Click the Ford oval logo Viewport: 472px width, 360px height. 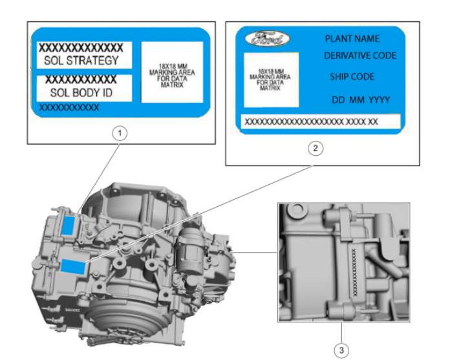[267, 39]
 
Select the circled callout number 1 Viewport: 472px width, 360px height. [119, 133]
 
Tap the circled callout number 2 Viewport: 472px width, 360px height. [315, 148]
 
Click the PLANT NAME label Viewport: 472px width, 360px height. [352, 39]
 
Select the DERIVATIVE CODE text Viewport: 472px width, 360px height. [360, 56]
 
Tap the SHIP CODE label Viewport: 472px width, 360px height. [352, 76]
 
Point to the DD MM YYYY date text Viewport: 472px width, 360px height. [361, 100]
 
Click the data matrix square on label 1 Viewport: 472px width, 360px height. [171, 72]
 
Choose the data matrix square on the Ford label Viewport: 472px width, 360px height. [270, 79]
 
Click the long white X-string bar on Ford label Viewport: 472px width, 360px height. [320, 122]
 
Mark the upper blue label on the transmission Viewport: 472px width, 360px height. [70, 225]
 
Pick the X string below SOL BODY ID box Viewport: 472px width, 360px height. [69, 108]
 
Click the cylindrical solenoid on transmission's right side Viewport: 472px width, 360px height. [192, 243]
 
